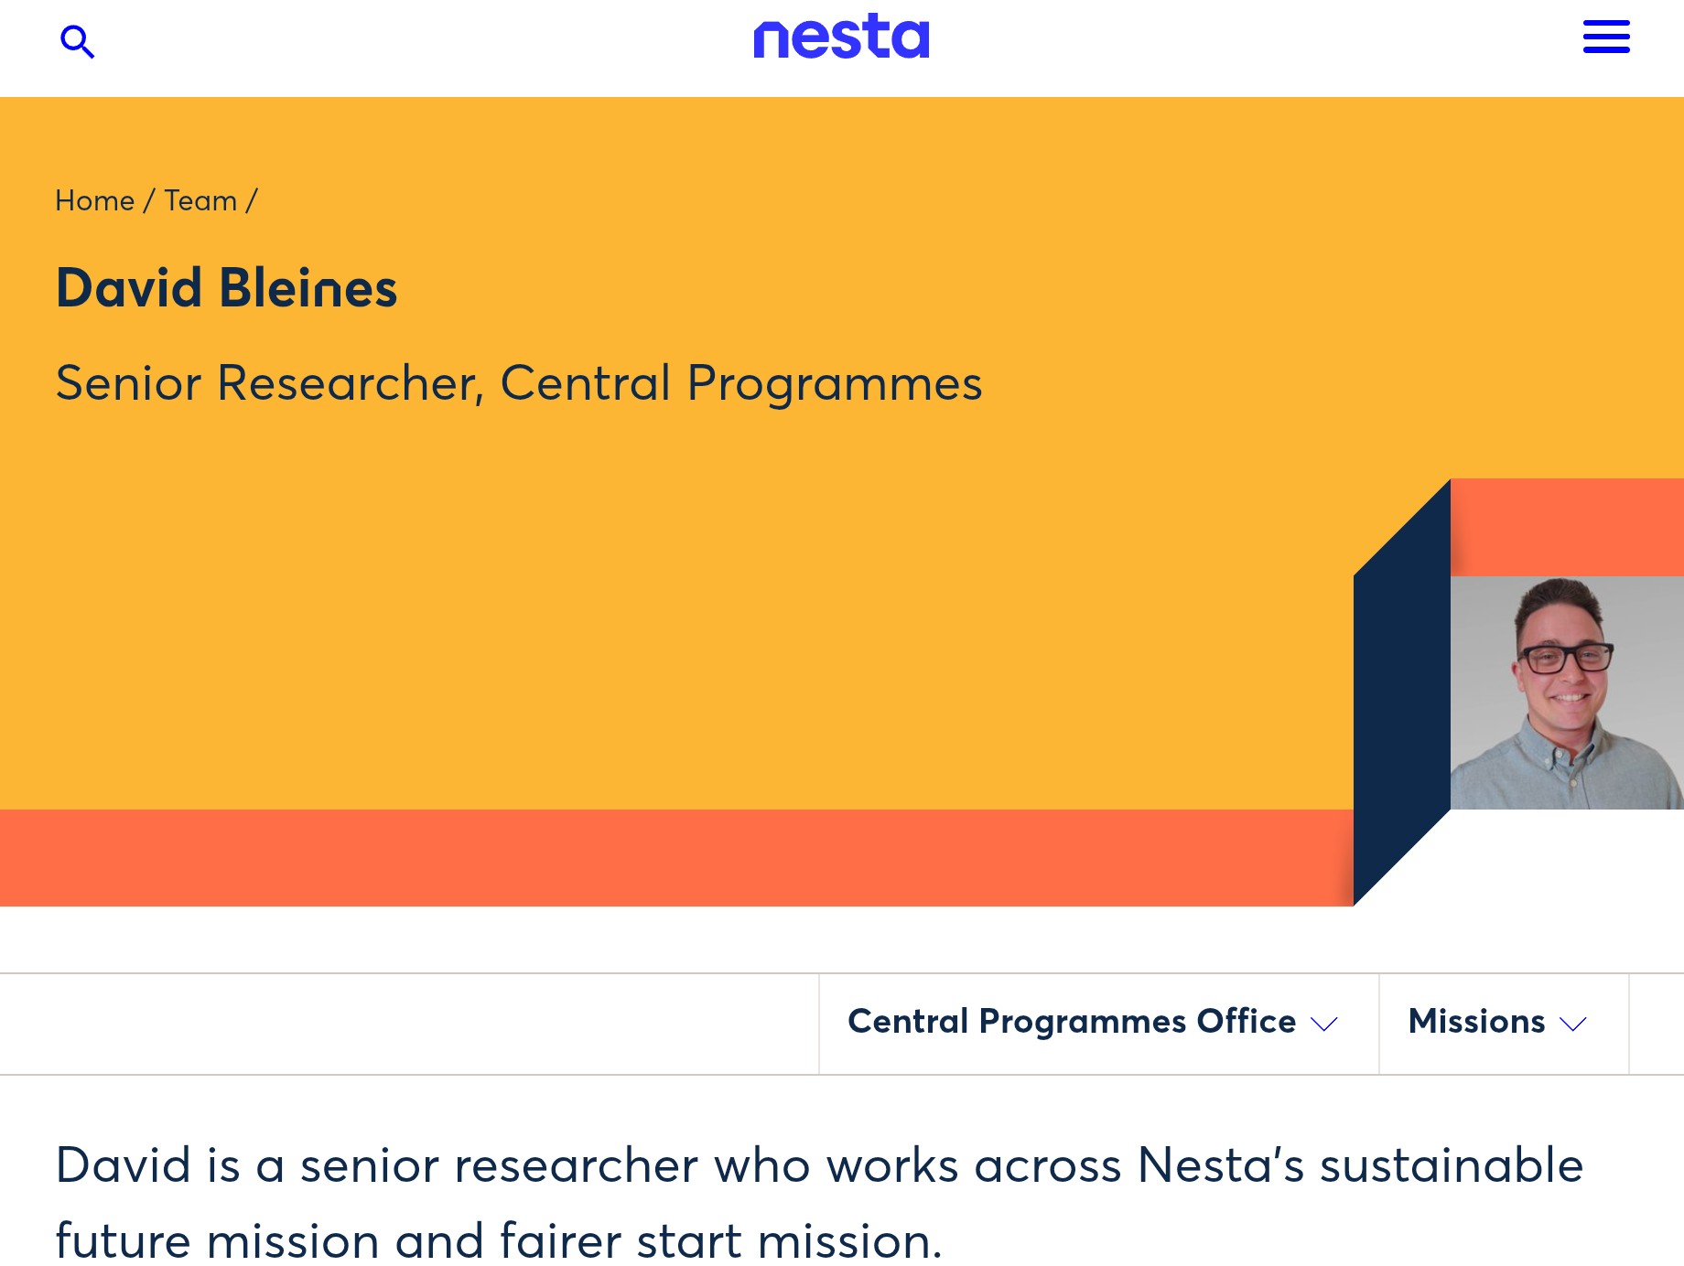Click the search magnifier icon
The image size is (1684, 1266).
pos(77,41)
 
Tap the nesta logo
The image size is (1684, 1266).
pos(841,37)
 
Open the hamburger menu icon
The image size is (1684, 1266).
pos(1606,37)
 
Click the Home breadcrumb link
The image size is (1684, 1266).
pos(94,200)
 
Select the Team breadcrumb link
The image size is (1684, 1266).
pos(200,200)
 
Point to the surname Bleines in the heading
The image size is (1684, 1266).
pos(308,288)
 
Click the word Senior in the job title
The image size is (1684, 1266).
pos(128,382)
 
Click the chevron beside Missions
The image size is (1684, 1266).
pos(1572,1025)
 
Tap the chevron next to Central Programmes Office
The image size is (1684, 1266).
pos(1324,1025)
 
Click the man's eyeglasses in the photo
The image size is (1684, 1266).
pos(1566,658)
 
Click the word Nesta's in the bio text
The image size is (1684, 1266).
pos(1220,1165)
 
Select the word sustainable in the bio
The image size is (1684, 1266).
pos(1452,1165)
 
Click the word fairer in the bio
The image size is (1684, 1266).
pos(560,1241)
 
